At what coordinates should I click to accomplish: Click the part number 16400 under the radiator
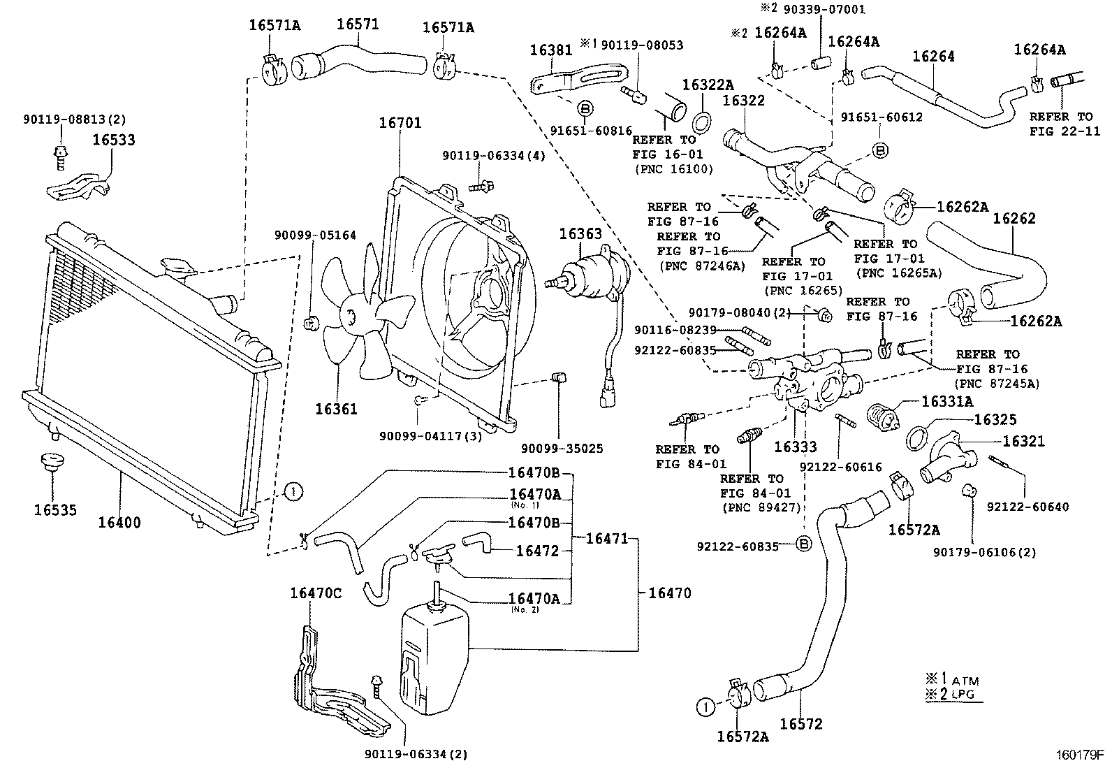(x=119, y=523)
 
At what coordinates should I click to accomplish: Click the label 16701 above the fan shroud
(x=400, y=124)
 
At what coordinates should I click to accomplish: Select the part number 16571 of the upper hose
(x=358, y=24)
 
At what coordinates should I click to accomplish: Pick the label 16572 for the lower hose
(x=801, y=725)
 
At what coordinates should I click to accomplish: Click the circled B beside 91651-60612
(x=880, y=150)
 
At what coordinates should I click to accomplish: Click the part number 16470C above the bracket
(x=316, y=594)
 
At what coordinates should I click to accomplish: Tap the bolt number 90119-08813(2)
(x=73, y=120)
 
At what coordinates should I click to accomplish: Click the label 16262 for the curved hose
(x=1014, y=219)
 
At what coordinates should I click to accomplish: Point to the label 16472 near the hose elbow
(x=538, y=551)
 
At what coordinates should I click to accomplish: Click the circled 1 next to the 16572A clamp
(x=706, y=707)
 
